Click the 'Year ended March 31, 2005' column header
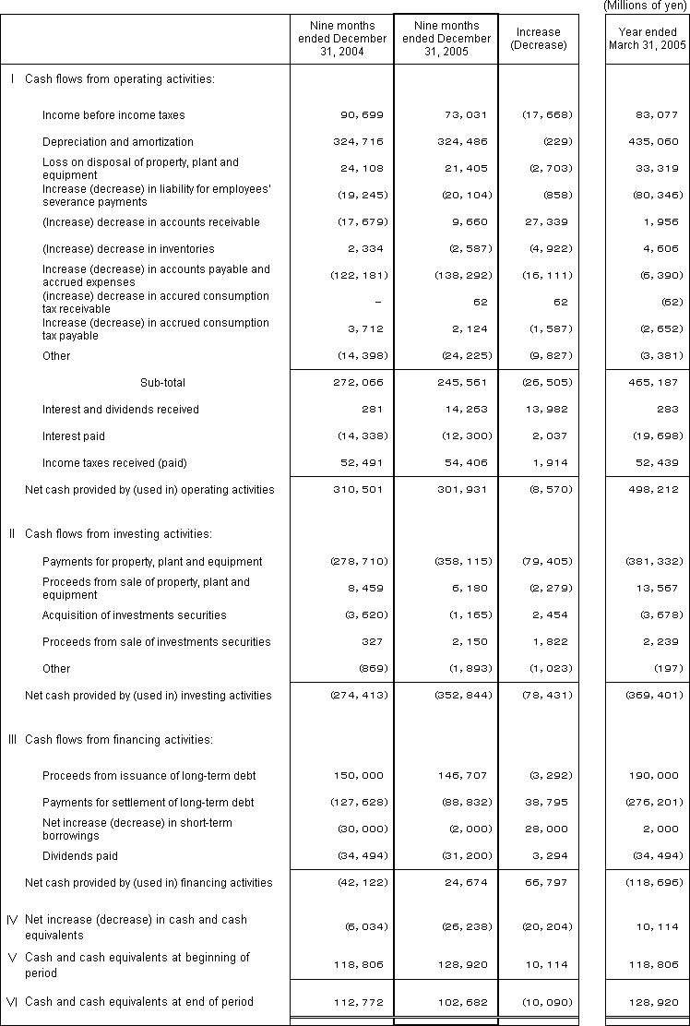[648, 39]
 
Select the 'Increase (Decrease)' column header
[539, 39]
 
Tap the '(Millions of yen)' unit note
[646, 6]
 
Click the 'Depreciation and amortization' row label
[118, 142]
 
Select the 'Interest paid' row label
[74, 435]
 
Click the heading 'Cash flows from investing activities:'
[120, 533]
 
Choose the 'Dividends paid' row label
[80, 856]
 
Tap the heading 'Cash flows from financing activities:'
[120, 739]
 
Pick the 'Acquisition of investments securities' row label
[135, 615]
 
